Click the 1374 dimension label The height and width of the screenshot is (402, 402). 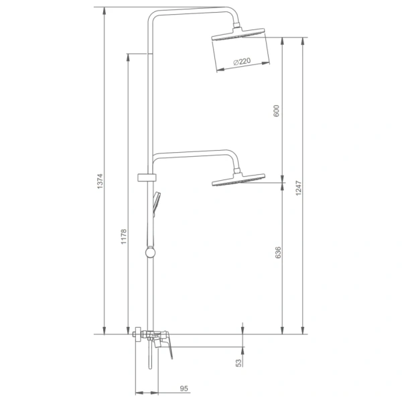100,182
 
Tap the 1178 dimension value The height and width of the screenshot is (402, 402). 123,237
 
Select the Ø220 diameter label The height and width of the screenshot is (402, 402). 242,62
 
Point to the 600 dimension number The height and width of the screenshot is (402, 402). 276,111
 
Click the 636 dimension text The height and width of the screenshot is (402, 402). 278,253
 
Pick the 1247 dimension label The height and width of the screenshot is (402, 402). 298,188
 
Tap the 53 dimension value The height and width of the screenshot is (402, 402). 239,363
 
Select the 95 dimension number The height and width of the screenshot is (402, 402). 184,389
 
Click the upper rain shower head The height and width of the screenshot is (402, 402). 238,34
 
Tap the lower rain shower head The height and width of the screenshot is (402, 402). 239,180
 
